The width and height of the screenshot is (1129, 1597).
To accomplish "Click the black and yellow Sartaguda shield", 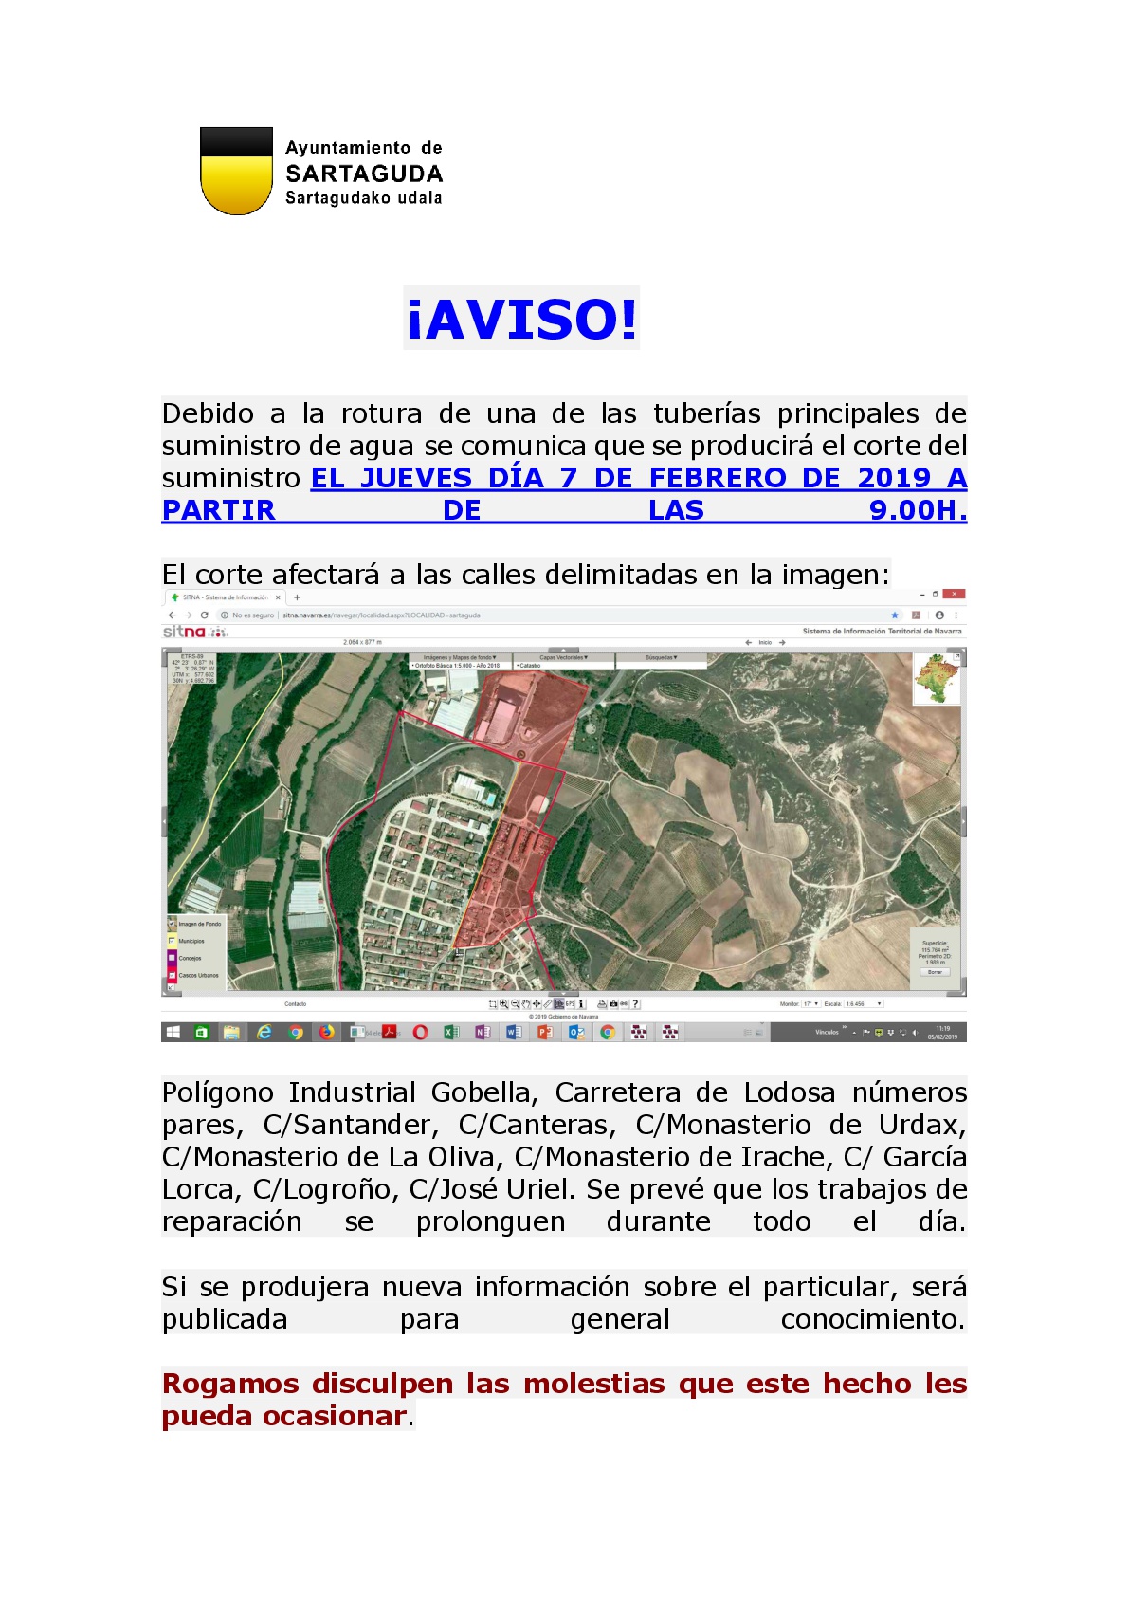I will tap(236, 171).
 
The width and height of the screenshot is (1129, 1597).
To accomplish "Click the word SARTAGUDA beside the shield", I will tap(364, 174).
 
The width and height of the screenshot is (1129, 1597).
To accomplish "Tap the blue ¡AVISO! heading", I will tap(521, 319).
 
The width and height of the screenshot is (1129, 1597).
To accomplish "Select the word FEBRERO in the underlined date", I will tap(718, 478).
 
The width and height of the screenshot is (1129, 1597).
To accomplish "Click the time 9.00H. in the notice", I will tap(917, 510).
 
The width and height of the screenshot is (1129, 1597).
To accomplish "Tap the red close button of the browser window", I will tap(956, 594).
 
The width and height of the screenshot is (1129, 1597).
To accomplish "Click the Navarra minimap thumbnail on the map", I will tap(937, 679).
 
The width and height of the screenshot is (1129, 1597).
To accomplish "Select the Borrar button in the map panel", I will tap(935, 972).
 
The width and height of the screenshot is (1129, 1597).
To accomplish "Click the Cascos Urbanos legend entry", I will tap(197, 975).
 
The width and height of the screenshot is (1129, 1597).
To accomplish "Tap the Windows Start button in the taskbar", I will tap(173, 1033).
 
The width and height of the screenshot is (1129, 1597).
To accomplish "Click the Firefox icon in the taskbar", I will tap(327, 1033).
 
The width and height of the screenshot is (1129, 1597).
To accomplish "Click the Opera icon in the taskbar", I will tap(420, 1033).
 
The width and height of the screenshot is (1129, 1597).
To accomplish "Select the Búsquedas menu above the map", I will tap(661, 657).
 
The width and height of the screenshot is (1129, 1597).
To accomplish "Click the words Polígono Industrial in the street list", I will tap(289, 1092).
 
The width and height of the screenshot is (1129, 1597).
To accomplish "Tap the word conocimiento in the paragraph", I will tap(871, 1319).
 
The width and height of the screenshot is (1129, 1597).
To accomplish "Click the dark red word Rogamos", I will tap(230, 1384).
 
